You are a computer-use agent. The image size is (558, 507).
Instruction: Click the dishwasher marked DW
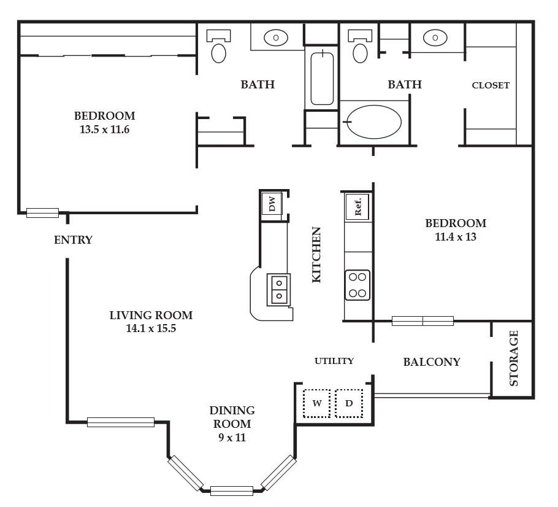coord(272,204)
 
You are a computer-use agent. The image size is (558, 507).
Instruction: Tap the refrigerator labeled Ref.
coord(357,207)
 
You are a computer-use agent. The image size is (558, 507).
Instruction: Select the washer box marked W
coord(316,403)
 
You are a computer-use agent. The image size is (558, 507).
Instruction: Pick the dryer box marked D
coord(349,403)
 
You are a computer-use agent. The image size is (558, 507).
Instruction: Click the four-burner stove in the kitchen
coord(357,285)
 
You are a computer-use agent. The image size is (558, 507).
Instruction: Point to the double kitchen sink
coord(278,290)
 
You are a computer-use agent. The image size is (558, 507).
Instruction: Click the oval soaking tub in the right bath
coord(374,122)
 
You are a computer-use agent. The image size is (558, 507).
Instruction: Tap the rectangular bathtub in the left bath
coord(322,79)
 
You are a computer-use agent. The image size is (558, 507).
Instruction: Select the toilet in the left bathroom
coord(218,46)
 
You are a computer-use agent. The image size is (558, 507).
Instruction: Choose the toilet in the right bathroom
coord(360,46)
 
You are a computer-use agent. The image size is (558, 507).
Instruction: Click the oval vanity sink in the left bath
coord(276,37)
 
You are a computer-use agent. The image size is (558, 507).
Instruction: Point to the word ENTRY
coord(74,240)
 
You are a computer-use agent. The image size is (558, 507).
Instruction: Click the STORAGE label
coord(513,358)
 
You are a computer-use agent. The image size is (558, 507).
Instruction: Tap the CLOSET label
coord(491,85)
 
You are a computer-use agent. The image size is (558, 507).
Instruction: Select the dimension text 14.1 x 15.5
coord(151,328)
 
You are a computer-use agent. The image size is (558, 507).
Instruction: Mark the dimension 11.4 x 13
coord(456,236)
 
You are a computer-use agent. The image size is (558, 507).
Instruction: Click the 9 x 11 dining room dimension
coord(232,437)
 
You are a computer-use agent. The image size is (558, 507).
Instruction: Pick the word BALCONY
coord(432,362)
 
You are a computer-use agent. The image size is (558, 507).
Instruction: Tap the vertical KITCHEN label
coord(316,255)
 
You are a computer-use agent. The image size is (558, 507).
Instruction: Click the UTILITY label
coord(334,361)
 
